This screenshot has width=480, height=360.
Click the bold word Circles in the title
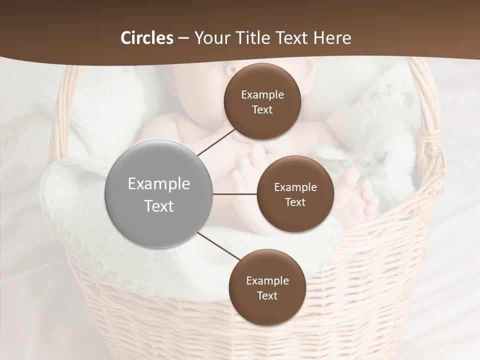pos(146,38)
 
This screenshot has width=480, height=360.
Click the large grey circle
pos(158,194)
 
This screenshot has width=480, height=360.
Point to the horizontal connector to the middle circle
pos(234,194)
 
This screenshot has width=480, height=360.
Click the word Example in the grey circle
pos(158,183)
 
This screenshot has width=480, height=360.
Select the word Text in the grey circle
pos(158,206)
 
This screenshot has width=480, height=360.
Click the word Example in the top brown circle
pos(262,94)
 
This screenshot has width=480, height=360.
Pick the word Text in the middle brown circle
pos(295,202)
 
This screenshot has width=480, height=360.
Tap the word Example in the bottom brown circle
pos(267,280)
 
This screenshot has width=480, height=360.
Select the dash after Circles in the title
pos(183,38)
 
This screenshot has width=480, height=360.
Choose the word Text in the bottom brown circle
pos(267,295)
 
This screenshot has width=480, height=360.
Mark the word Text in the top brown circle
pos(262,109)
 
